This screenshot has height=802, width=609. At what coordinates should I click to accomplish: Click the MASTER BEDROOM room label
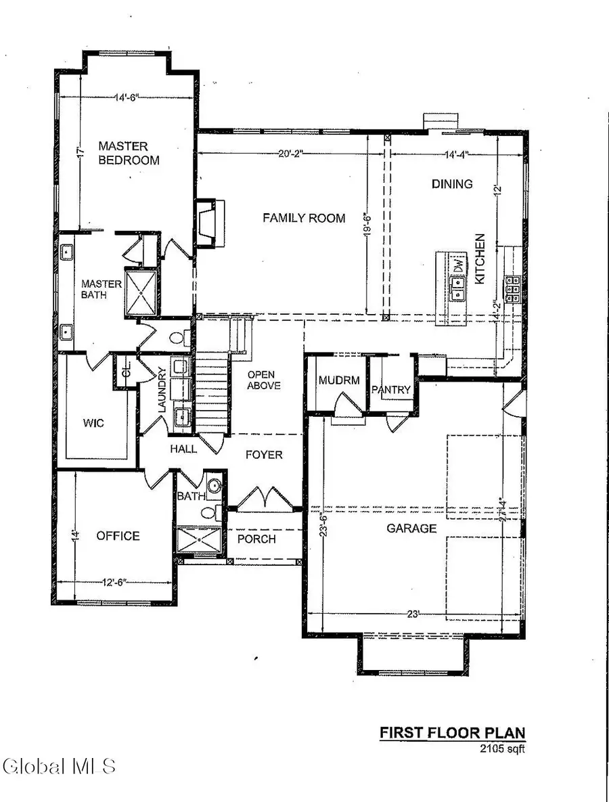[129, 153]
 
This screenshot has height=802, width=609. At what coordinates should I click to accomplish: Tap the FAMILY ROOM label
[304, 218]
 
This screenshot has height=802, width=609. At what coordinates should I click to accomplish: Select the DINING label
[452, 183]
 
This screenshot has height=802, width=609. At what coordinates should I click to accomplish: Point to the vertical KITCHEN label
[480, 259]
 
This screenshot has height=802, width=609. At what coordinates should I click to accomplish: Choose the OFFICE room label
[118, 536]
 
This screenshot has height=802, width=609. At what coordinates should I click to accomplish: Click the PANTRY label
[391, 389]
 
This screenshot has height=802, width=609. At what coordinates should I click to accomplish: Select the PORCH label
[256, 539]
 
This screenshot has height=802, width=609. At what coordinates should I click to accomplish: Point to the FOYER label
[264, 455]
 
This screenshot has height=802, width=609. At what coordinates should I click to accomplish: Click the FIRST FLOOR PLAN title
[451, 732]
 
